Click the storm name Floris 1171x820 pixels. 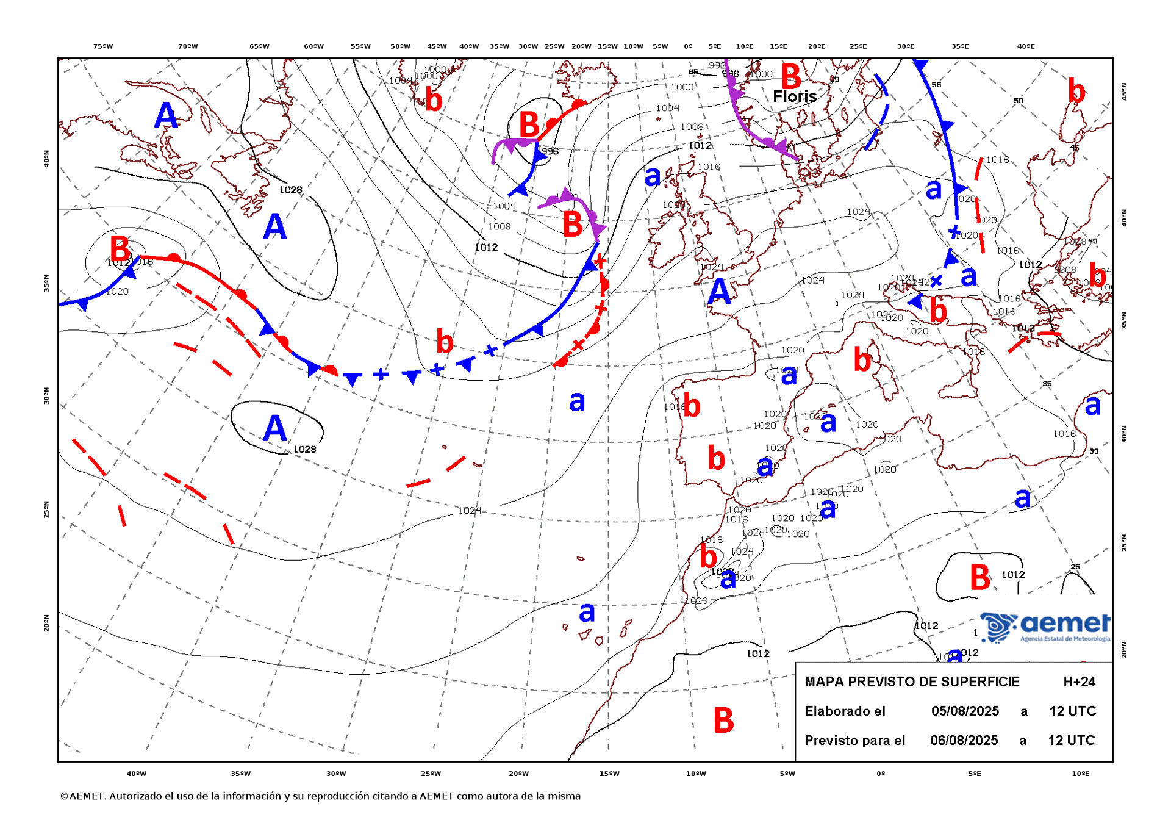coord(794,96)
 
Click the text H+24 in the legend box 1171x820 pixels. coord(1079,682)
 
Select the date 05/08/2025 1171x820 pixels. coord(965,711)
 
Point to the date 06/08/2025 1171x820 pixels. coord(964,740)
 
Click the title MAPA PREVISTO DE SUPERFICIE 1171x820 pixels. coord(912,682)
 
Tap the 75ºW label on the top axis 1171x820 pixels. coord(103,46)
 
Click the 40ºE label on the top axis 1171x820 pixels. coord(1026,46)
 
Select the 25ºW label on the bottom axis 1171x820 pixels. coord(431,774)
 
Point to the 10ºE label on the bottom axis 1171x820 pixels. coord(1080,774)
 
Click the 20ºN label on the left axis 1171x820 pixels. coord(46,623)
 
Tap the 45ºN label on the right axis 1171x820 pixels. coord(1124,92)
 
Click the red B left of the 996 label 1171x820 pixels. coord(529,125)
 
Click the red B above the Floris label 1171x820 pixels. coord(791,77)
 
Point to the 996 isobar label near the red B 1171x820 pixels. coord(550,151)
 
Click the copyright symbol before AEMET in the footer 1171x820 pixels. coord(64,796)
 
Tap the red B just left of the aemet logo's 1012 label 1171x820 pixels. coord(979,577)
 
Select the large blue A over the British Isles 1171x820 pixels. coord(719,292)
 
